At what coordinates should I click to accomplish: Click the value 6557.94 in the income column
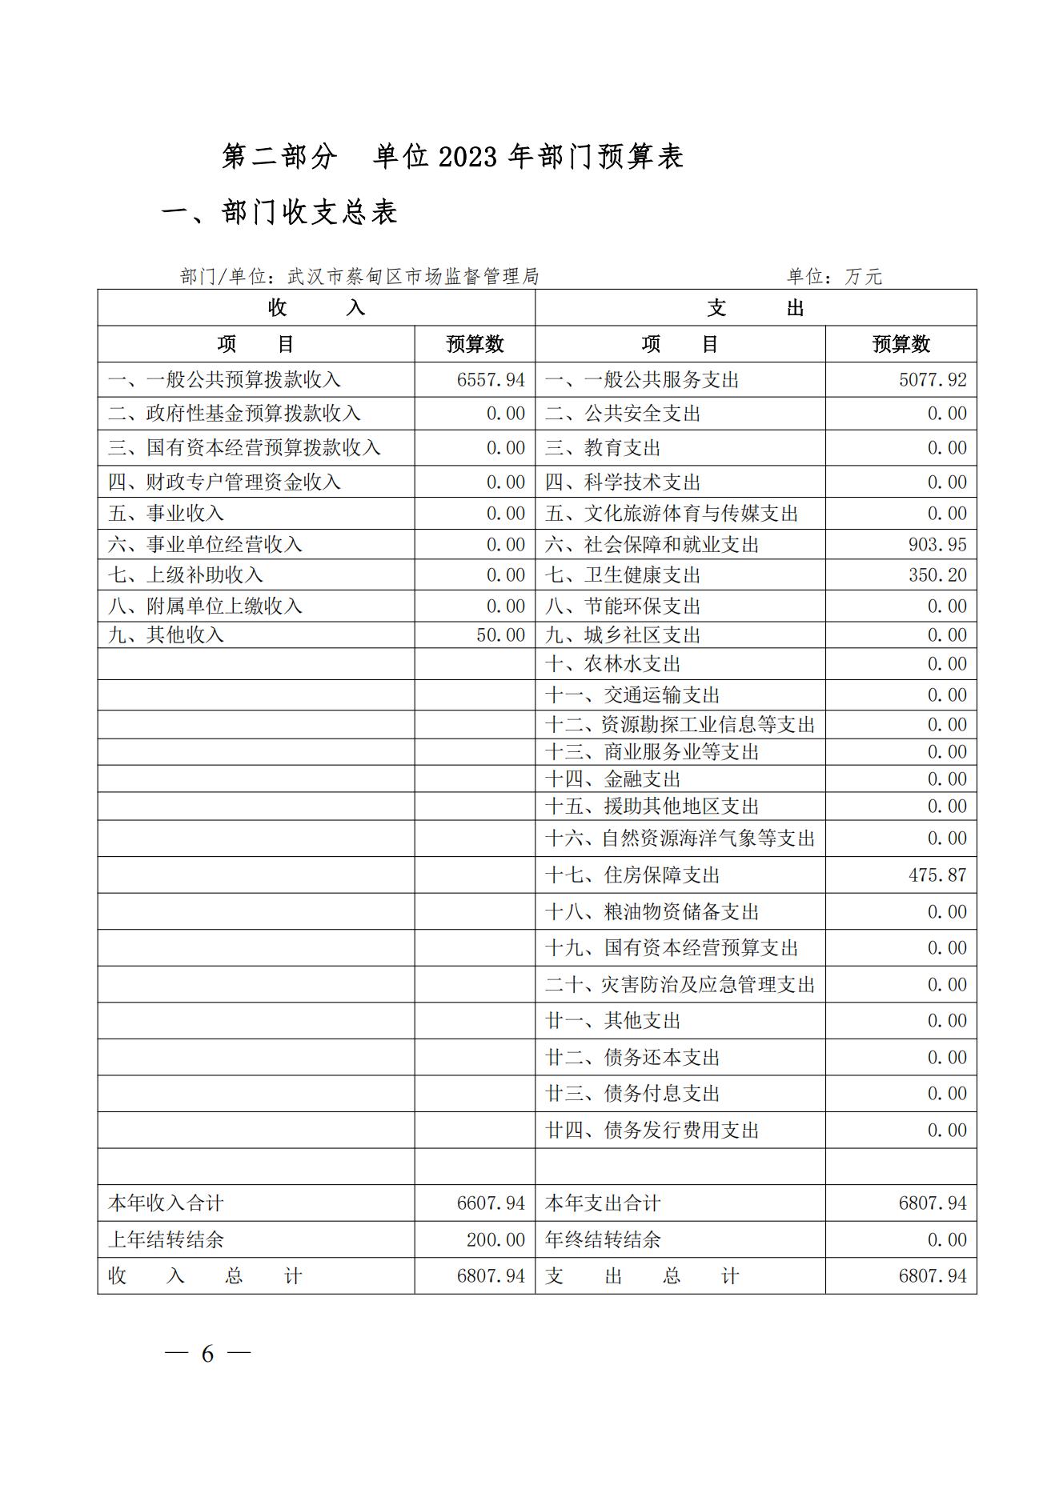[x=491, y=380]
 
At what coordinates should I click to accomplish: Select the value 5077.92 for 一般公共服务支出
[x=933, y=380]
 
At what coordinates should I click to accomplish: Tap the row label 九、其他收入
[x=166, y=635]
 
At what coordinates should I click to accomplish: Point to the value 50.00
[x=500, y=635]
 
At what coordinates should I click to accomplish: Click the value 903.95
[x=937, y=545]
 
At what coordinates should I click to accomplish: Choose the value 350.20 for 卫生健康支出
[x=937, y=575]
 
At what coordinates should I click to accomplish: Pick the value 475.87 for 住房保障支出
[x=937, y=875]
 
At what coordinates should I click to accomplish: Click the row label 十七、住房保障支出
[x=632, y=875]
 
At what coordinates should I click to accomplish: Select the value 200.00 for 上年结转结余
[x=495, y=1240]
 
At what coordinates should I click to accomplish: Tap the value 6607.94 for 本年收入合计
[x=491, y=1203]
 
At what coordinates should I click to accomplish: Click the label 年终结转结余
[x=603, y=1240]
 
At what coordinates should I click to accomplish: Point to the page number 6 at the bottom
[x=208, y=1354]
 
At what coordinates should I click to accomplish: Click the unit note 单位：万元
[x=834, y=277]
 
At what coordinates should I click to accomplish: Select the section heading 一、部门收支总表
[x=279, y=213]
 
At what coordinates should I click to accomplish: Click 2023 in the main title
[x=468, y=158]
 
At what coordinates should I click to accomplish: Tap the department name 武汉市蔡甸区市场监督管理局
[x=413, y=277]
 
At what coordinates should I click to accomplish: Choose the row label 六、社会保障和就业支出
[x=652, y=545]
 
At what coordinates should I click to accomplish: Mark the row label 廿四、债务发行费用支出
[x=652, y=1131]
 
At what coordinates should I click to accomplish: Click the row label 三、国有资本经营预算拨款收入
[x=244, y=448]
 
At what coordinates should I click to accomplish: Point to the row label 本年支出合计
[x=603, y=1203]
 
